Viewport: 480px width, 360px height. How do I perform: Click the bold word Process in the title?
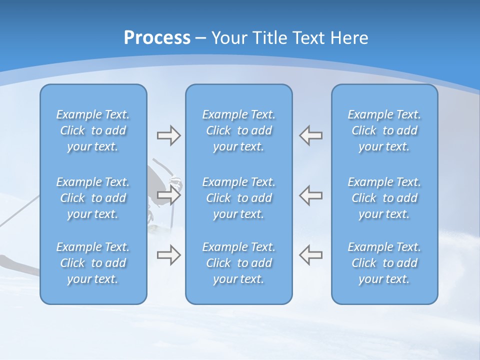point(157,38)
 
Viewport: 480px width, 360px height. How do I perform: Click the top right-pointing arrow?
point(168,135)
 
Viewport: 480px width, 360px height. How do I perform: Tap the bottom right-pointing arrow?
point(168,255)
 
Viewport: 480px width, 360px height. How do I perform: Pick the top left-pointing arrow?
point(311,135)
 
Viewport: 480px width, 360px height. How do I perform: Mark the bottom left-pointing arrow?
point(311,255)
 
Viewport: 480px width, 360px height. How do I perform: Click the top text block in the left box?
point(93,130)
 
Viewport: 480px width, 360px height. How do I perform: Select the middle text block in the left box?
point(93,198)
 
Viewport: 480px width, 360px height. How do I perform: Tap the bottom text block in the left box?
point(93,263)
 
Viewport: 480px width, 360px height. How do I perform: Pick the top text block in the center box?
point(239,130)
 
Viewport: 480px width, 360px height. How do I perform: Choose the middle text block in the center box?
point(239,198)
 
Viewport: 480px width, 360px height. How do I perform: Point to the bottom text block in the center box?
point(239,263)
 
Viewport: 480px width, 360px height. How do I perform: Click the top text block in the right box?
point(384,130)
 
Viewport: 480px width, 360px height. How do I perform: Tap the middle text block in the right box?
point(384,198)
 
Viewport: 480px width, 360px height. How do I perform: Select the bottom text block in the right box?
point(384,263)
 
